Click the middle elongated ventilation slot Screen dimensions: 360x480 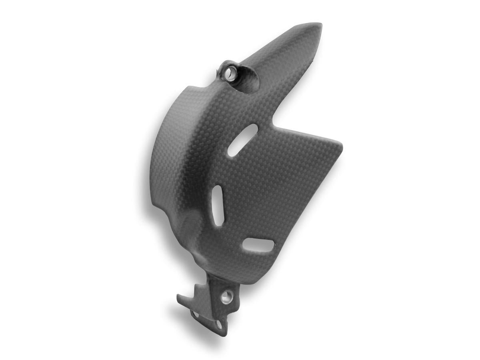click(x=217, y=205)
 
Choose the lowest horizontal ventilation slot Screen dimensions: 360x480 click(x=258, y=245)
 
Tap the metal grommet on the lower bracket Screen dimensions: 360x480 click(x=227, y=296)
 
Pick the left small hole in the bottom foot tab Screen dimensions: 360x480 click(x=196, y=314)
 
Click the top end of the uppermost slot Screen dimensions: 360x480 click(x=254, y=128)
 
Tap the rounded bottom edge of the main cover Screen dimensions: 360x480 click(x=240, y=280)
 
